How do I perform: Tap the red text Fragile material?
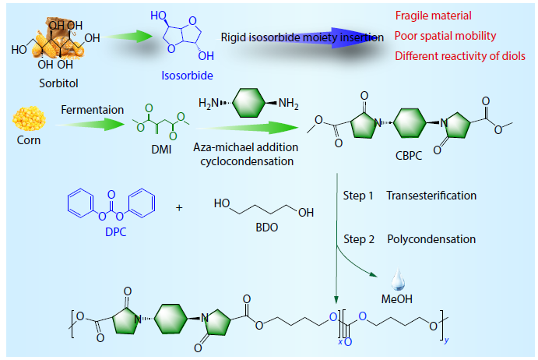433,16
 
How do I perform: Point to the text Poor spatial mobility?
445,36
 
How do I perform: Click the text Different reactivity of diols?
459,56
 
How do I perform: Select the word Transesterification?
431,196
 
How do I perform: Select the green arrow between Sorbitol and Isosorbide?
128,37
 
